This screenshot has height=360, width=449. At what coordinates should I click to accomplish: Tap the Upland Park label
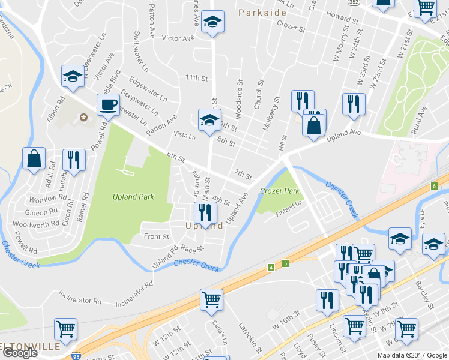click(x=133, y=196)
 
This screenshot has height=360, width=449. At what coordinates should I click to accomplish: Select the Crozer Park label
click(x=279, y=191)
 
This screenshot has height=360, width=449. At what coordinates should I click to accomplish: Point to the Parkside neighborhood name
click(x=262, y=12)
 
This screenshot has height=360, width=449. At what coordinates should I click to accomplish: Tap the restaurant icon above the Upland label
click(x=205, y=212)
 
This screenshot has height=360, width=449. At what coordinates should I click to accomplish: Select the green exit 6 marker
click(x=434, y=185)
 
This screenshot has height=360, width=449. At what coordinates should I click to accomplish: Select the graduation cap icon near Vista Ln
click(x=209, y=119)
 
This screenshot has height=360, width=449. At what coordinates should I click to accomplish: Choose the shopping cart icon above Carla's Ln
click(x=211, y=298)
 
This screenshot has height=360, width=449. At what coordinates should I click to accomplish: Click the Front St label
click(x=156, y=236)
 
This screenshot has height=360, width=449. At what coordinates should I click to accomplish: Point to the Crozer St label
click(x=291, y=25)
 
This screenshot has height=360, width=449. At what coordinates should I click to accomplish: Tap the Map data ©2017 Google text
click(x=412, y=355)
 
